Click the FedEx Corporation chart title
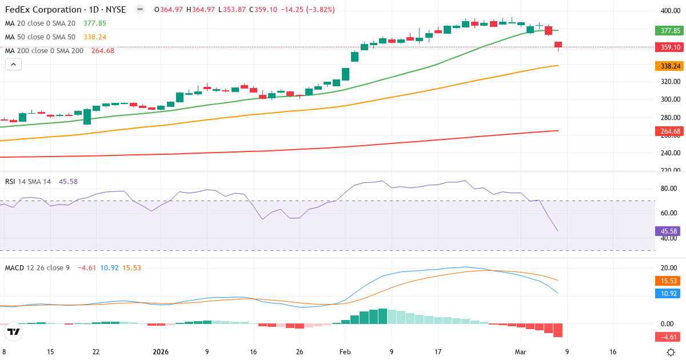[x=66, y=10]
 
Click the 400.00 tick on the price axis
[x=670, y=11]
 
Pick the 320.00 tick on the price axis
[x=670, y=82]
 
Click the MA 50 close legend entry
[x=40, y=37]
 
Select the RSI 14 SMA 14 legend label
[x=28, y=181]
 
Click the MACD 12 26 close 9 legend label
[x=37, y=267]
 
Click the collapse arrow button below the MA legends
[x=13, y=65]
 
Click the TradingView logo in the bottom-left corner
[x=14, y=331]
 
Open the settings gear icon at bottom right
[x=671, y=352]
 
